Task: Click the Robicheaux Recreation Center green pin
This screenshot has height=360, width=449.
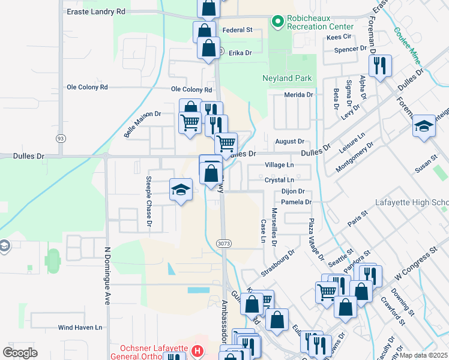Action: tap(277, 22)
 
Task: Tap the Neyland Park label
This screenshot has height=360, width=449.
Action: tap(287, 79)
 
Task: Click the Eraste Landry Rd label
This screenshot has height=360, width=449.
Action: tap(96, 11)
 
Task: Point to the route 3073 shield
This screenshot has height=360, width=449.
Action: tap(224, 243)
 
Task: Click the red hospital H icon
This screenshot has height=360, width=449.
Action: tap(197, 350)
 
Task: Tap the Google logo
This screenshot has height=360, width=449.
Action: tap(20, 352)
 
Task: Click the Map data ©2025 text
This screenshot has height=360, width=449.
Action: tap(424, 355)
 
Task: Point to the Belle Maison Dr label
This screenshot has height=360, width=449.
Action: tap(143, 124)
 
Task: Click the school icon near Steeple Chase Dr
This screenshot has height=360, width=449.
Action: tap(180, 190)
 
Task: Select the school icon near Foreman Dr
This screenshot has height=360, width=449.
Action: tap(424, 126)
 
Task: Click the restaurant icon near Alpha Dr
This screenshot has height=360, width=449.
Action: tap(380, 66)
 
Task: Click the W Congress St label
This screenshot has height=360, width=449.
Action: tap(414, 265)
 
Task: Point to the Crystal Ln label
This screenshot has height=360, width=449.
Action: tap(279, 180)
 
